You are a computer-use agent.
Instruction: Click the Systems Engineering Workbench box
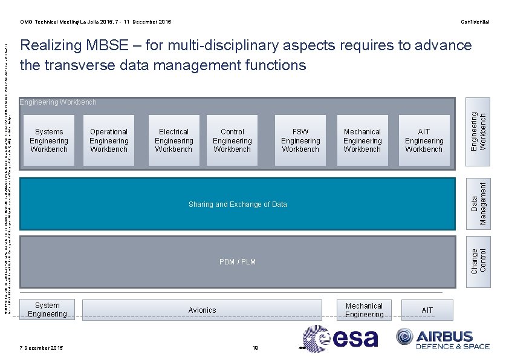[x=49, y=140]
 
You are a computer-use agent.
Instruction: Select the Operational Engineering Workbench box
[x=109, y=140]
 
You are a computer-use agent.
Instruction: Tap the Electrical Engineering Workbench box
[x=173, y=140]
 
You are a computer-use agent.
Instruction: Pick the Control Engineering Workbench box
[x=232, y=140]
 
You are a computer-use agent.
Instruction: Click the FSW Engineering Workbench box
[x=300, y=140]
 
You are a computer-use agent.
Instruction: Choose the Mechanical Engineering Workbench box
[x=362, y=140]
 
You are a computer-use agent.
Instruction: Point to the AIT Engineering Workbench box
[x=424, y=140]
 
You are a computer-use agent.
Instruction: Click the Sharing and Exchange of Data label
[x=238, y=205]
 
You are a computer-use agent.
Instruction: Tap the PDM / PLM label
[x=238, y=262]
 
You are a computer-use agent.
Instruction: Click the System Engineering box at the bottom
[x=47, y=310]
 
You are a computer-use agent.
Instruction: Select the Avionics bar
[x=202, y=310]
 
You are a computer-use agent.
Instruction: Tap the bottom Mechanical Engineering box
[x=364, y=310]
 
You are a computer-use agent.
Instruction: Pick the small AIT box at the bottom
[x=427, y=310]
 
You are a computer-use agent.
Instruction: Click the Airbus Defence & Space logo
[x=443, y=339]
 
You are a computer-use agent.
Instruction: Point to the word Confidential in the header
[x=475, y=22]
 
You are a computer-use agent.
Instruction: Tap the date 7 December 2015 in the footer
[x=41, y=347]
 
